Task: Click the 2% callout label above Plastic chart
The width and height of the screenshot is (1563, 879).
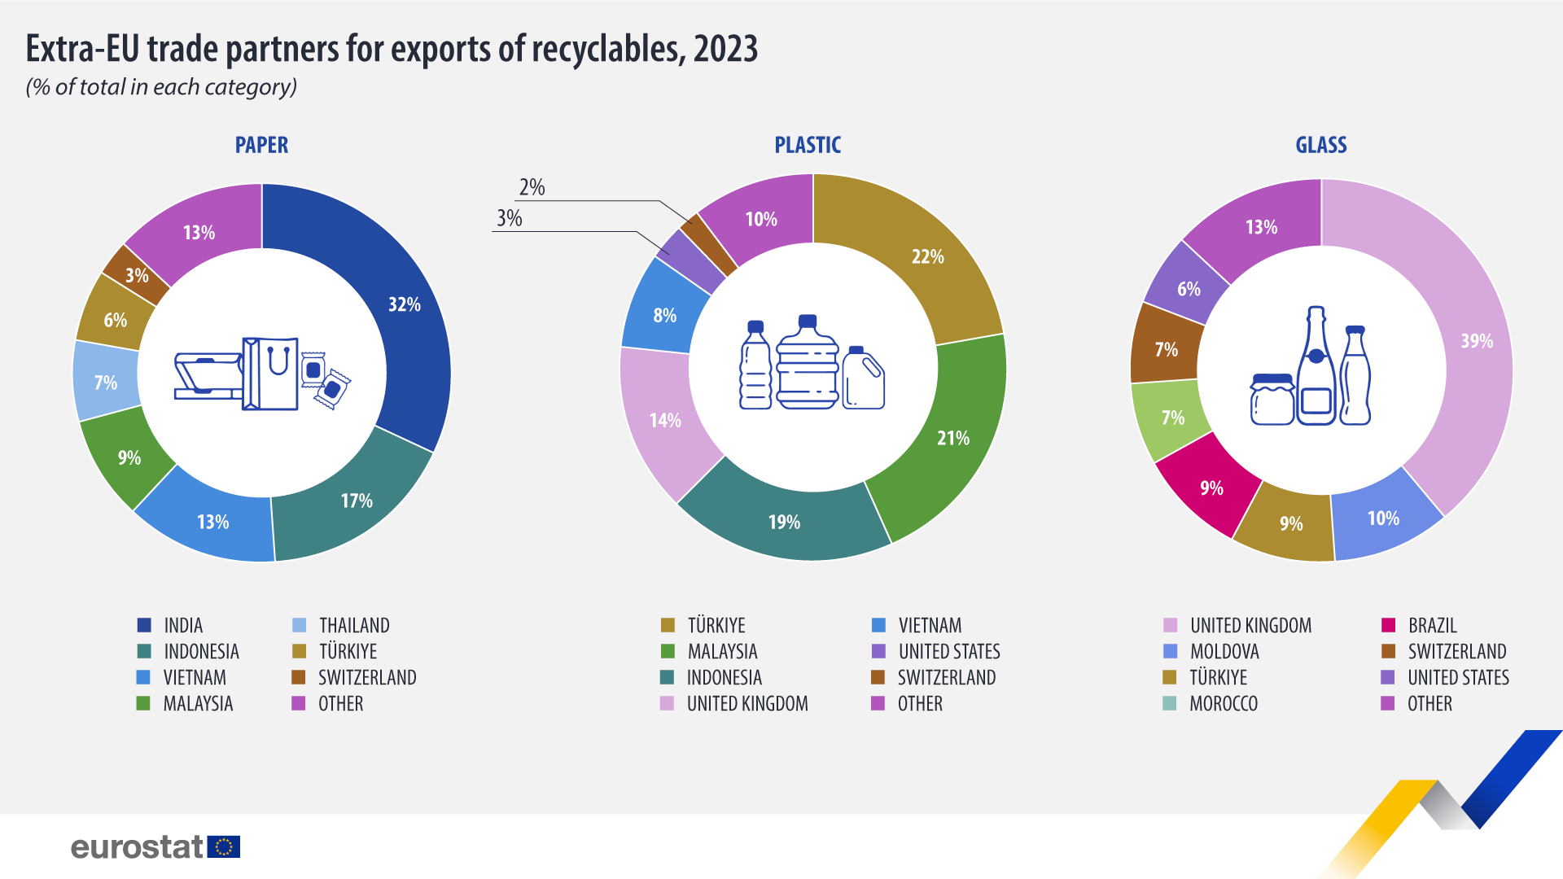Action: point(532,188)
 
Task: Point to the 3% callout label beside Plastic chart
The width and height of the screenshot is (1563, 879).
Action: point(509,219)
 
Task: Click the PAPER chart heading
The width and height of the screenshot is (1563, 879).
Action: point(261,146)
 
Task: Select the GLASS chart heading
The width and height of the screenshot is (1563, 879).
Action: point(1320,146)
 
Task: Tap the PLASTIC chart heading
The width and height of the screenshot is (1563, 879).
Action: point(807,146)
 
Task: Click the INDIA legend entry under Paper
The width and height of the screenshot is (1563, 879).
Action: point(182,626)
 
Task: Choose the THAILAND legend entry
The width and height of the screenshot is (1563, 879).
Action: point(353,626)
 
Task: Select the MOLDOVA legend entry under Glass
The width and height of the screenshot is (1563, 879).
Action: point(1224,652)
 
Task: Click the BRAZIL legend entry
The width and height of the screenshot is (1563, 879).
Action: point(1432,626)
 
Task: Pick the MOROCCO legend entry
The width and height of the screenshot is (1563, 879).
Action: point(1223,704)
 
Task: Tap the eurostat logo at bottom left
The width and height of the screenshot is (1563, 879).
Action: point(155,847)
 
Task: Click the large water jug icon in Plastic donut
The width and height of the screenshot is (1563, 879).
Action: point(807,363)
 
